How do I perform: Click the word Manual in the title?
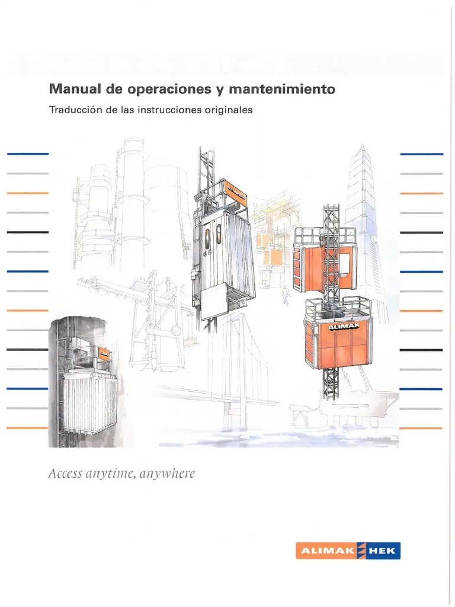tap(71, 90)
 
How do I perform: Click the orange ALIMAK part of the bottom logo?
tap(325, 551)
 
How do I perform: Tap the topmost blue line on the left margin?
tap(27, 154)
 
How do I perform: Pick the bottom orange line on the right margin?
tap(421, 428)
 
